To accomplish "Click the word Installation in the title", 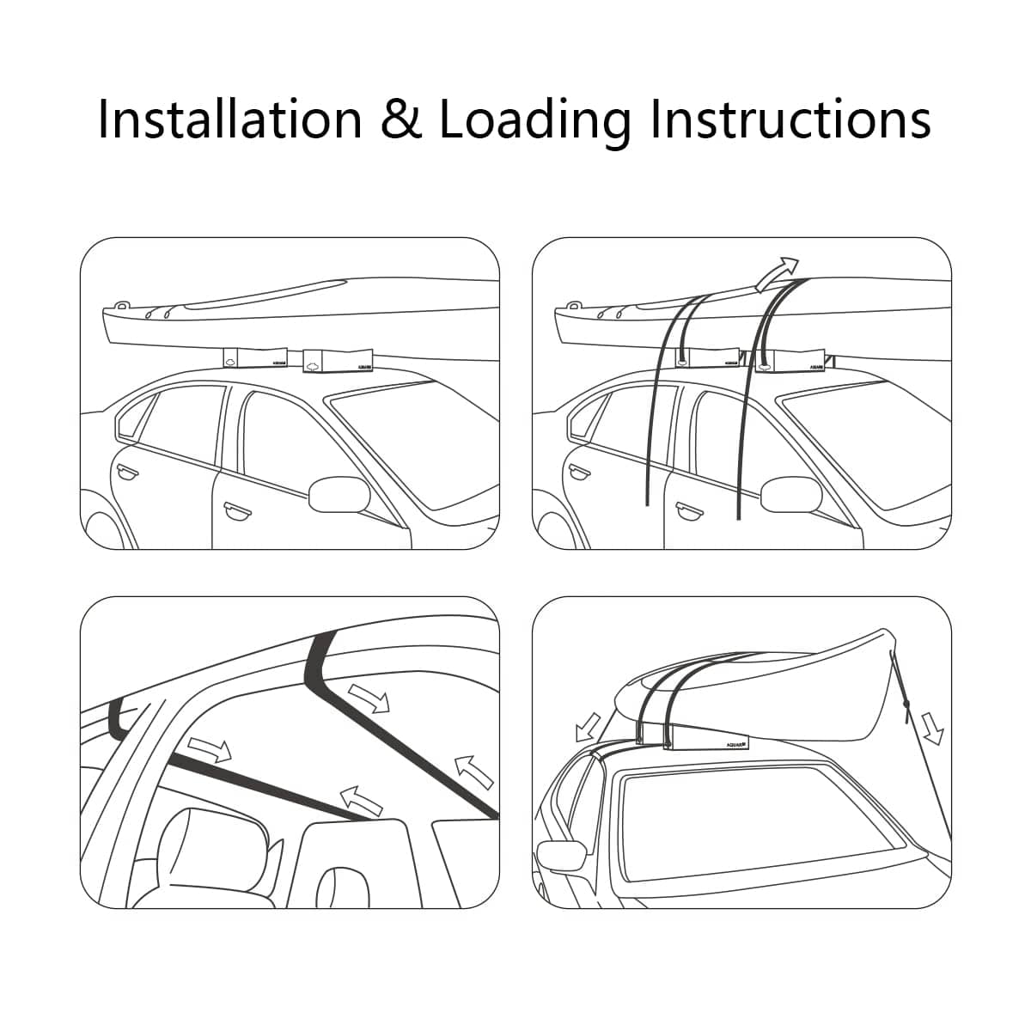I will click(229, 119).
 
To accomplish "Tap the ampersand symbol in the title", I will click(402, 120).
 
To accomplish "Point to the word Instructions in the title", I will click(790, 119).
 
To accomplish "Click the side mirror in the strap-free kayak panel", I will click(339, 496).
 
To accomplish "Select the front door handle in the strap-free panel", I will click(235, 511).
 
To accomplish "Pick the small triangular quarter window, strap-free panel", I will click(131, 422).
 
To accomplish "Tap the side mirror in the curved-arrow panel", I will click(791, 496).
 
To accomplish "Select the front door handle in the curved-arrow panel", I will click(688, 511).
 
